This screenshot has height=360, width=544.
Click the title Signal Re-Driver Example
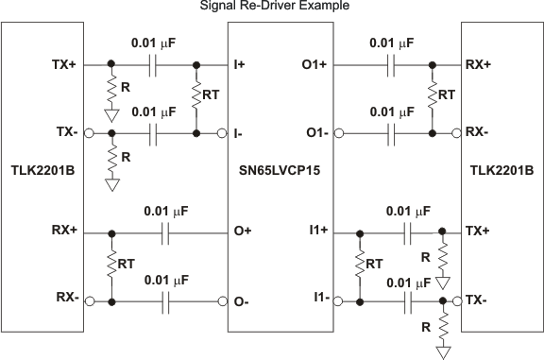click(x=272, y=7)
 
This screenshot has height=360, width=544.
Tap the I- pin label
click(x=239, y=133)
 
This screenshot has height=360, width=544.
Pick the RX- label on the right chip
click(x=476, y=133)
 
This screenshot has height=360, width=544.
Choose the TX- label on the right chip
click(x=478, y=300)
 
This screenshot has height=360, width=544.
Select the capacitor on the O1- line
click(x=390, y=133)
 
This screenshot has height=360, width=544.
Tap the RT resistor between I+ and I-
click(x=196, y=98)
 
